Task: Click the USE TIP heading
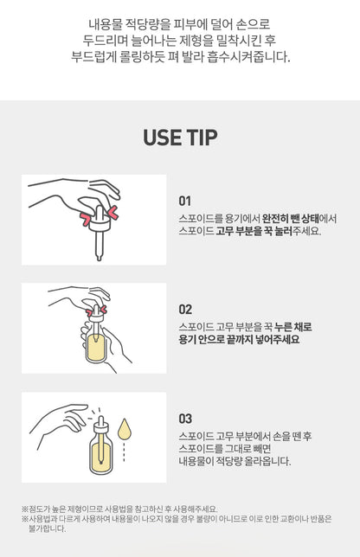tap(180, 138)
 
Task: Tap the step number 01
tap(185, 201)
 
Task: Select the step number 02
tap(185, 310)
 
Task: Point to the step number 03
tap(185, 419)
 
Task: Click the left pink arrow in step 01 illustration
tap(86, 219)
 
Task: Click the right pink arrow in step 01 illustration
tap(112, 213)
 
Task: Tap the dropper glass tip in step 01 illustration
tap(99, 257)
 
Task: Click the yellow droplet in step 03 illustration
tap(125, 428)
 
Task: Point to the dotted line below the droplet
tap(124, 451)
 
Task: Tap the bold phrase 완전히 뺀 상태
tap(291, 218)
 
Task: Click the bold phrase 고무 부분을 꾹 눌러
tap(254, 231)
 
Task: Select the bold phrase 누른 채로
tap(293, 326)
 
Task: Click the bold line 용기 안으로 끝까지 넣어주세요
tap(239, 339)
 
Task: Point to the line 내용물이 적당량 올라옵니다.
tap(235, 461)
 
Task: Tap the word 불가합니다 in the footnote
tap(48, 528)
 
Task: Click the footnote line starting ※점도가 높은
tap(119, 509)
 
